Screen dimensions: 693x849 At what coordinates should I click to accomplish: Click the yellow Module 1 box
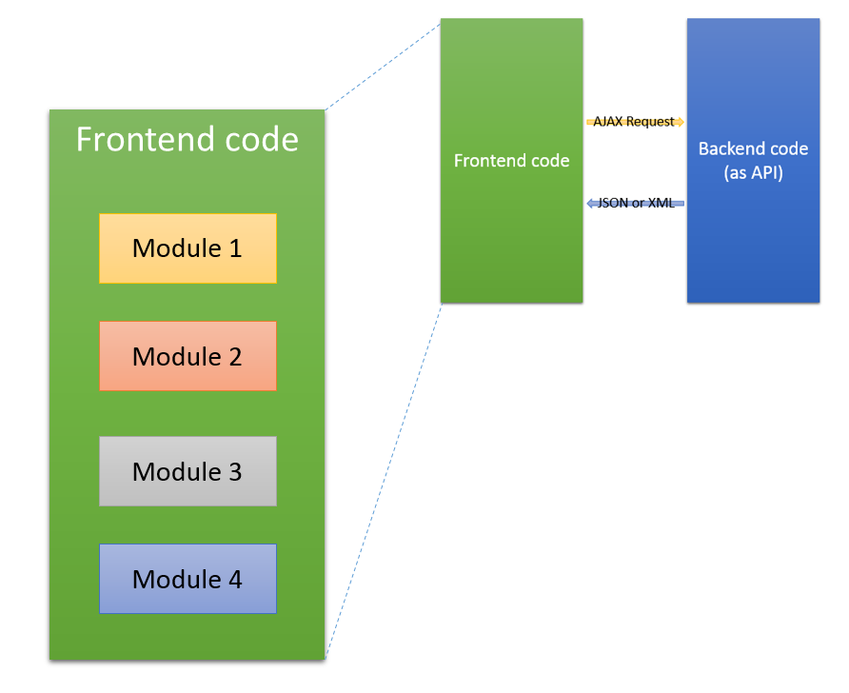point(188,248)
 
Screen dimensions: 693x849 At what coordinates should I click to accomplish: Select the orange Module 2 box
point(188,356)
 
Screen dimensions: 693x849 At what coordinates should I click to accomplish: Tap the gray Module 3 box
point(188,471)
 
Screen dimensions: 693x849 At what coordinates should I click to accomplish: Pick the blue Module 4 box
point(188,579)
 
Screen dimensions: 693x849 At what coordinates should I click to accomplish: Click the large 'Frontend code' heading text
point(187,140)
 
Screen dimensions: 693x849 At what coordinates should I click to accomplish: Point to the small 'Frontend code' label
point(511,161)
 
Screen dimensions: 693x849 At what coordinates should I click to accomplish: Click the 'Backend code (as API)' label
point(753,161)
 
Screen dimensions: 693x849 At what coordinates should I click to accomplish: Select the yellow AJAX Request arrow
point(635,122)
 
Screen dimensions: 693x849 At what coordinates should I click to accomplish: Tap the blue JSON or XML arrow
point(635,203)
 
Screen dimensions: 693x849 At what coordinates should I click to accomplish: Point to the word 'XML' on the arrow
point(661,203)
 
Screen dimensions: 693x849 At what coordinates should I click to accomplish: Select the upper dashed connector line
point(383,64)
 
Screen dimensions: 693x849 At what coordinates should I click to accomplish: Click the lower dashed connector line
point(383,481)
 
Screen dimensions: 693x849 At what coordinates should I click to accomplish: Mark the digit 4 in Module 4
point(233,579)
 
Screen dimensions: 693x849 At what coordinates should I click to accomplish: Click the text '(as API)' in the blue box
point(753,172)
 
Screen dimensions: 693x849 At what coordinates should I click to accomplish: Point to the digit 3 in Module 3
point(233,471)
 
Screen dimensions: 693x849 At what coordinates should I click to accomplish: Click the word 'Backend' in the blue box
point(732,149)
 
